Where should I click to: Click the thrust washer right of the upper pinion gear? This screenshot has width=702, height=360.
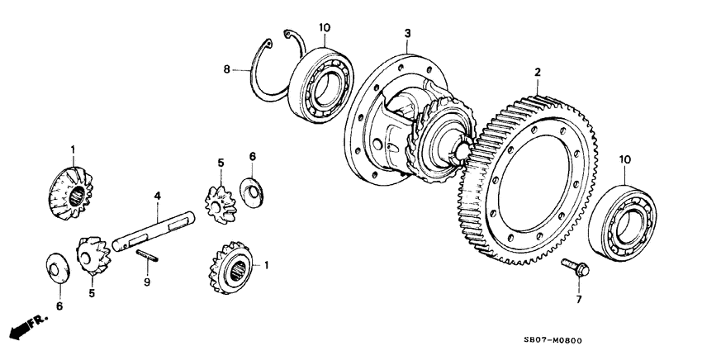click(x=252, y=189)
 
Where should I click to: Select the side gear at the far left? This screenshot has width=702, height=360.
click(x=73, y=190)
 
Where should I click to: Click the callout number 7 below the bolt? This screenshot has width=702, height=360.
click(x=578, y=300)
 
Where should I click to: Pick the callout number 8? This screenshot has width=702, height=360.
click(x=229, y=71)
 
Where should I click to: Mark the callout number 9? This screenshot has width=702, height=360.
click(x=146, y=282)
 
